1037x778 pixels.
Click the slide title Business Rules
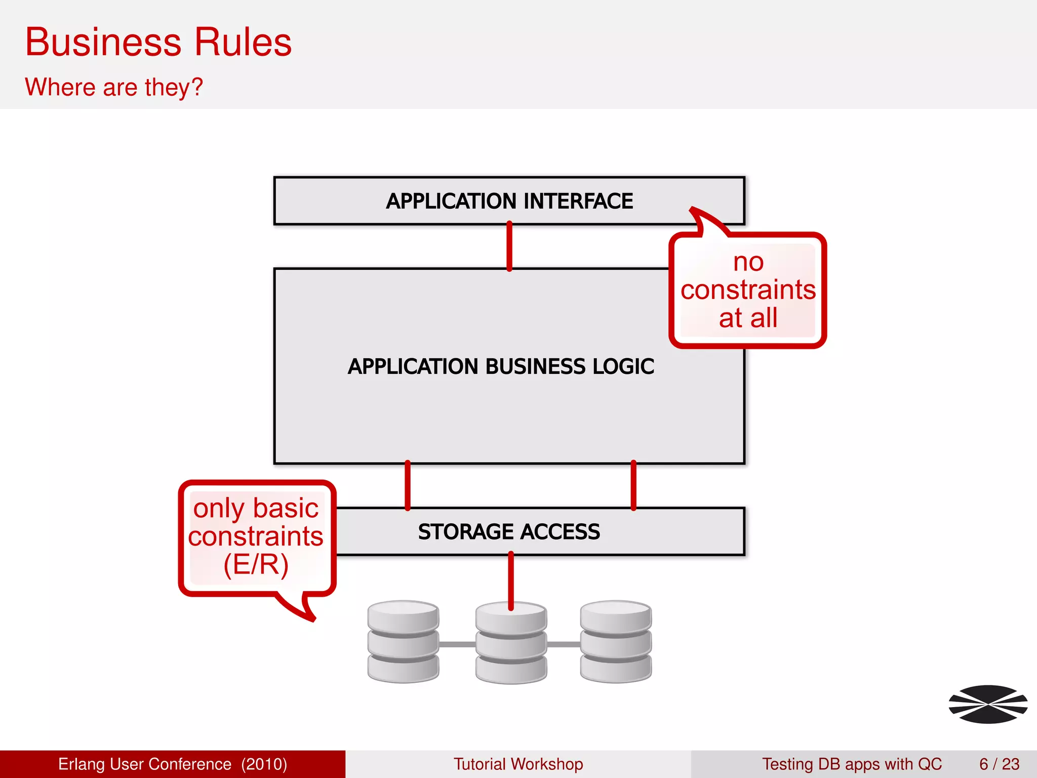click(158, 42)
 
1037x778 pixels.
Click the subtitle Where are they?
click(114, 87)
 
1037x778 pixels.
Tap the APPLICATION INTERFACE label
click(509, 201)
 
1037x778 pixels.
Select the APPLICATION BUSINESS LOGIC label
click(501, 366)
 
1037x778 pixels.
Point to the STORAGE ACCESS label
click(509, 532)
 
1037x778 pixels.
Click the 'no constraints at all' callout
click(748, 290)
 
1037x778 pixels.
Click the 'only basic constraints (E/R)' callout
click(256, 537)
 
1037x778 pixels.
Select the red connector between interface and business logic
click(509, 246)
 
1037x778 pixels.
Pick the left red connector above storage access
click(408, 485)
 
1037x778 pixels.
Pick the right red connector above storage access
click(633, 485)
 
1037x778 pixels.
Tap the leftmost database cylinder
click(403, 642)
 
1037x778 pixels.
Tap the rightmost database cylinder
click(616, 642)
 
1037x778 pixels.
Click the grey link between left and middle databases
click(457, 644)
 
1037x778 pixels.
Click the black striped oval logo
click(988, 704)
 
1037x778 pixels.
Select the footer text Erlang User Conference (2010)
click(173, 764)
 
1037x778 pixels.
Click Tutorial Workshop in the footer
click(518, 764)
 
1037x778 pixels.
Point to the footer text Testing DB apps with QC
click(852, 764)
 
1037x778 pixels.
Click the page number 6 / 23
click(999, 764)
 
